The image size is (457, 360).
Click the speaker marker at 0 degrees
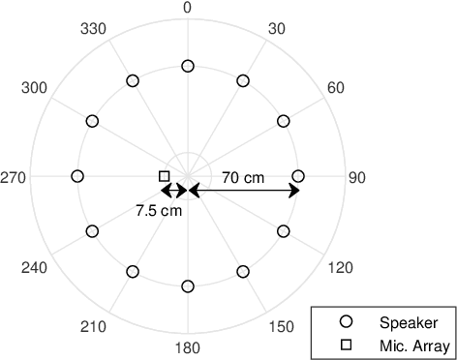click(x=188, y=66)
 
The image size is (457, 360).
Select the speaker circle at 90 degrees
click(x=298, y=176)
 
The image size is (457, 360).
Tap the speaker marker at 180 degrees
click(x=188, y=286)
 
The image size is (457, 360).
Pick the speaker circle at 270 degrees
click(x=77, y=176)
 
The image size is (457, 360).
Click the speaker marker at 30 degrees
click(x=243, y=80)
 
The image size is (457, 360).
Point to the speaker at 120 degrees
click(x=284, y=231)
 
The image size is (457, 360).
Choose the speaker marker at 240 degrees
click(x=92, y=231)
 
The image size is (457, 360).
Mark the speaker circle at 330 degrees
click(x=133, y=80)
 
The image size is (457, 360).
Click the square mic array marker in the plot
click(x=164, y=176)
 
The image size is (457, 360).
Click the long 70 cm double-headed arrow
click(x=243, y=191)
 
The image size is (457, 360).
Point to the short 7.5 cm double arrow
click(x=175, y=191)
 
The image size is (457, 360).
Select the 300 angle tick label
click(x=35, y=89)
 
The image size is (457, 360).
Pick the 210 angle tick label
click(x=94, y=327)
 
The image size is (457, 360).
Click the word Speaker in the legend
click(x=409, y=322)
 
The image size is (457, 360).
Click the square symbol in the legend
click(x=346, y=345)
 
